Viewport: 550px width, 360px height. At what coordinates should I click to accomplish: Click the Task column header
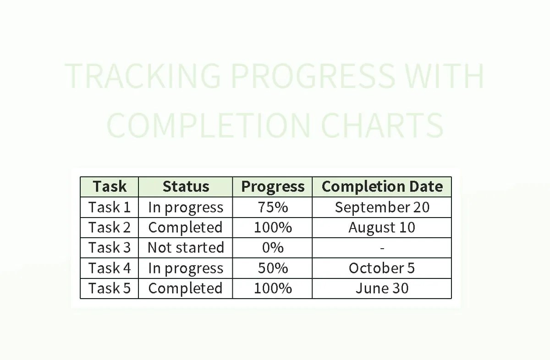pyautogui.click(x=110, y=187)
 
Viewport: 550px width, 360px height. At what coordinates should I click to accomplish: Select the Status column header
pyautogui.click(x=186, y=187)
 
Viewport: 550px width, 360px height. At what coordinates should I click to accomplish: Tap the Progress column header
pyautogui.click(x=273, y=187)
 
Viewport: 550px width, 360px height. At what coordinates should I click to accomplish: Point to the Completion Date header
pyautogui.click(x=382, y=187)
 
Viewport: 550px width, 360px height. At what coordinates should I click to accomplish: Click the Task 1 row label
pyautogui.click(x=110, y=207)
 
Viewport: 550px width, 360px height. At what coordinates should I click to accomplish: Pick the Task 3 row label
pyautogui.click(x=110, y=248)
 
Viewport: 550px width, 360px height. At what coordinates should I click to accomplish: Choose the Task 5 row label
pyautogui.click(x=110, y=289)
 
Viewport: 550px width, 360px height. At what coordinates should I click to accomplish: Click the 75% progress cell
pyautogui.click(x=273, y=207)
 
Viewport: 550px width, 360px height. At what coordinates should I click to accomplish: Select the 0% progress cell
pyautogui.click(x=273, y=248)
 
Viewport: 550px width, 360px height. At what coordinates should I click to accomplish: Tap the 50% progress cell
pyautogui.click(x=273, y=268)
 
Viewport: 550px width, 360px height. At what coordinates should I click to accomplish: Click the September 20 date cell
pyautogui.click(x=382, y=207)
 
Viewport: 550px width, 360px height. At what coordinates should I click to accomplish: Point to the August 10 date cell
pyautogui.click(x=382, y=228)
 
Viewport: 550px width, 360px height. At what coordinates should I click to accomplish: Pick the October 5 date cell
pyautogui.click(x=382, y=268)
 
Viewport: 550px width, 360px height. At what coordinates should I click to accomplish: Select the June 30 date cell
pyautogui.click(x=382, y=289)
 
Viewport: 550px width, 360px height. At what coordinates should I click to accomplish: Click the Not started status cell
pyautogui.click(x=186, y=248)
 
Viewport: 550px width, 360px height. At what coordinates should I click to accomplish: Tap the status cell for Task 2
pyautogui.click(x=186, y=228)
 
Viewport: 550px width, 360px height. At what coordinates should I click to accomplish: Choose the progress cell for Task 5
pyautogui.click(x=273, y=289)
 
